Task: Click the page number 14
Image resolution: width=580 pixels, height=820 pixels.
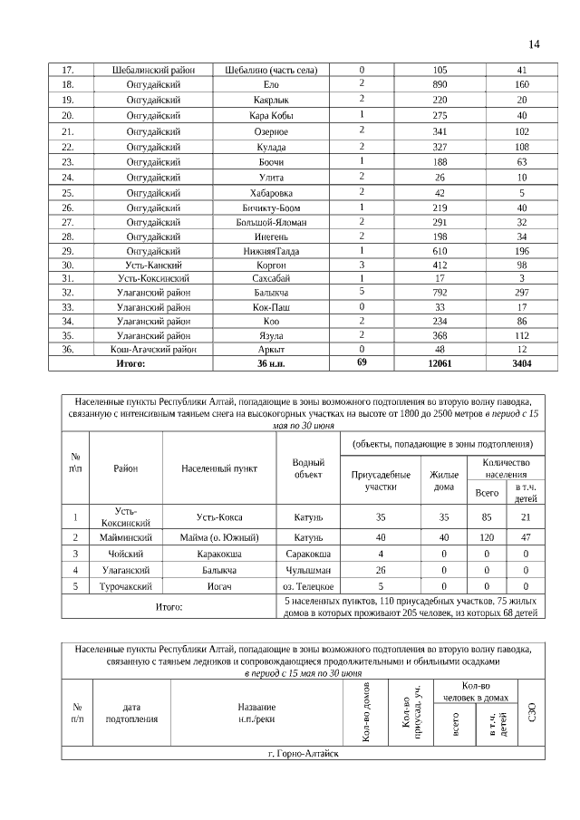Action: (534, 44)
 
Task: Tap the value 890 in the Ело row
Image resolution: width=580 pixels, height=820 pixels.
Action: (440, 84)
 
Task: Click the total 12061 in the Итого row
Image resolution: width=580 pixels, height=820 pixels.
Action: (440, 363)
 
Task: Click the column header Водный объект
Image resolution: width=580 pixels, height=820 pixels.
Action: (308, 468)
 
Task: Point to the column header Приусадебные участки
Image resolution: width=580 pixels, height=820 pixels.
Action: (368, 480)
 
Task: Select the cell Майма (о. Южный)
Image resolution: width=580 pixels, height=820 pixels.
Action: (218, 537)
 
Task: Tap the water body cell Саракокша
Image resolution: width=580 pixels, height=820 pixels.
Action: (308, 554)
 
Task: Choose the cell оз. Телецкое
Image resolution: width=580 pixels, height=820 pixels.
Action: (308, 587)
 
